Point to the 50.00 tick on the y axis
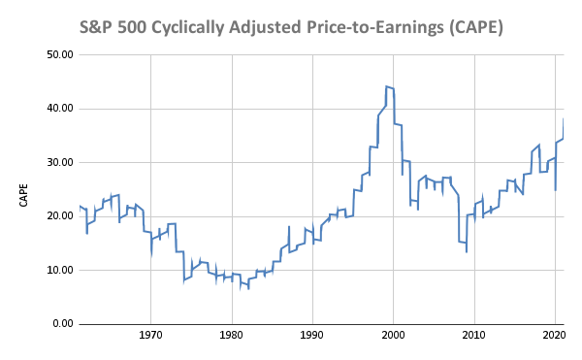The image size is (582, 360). point(60,55)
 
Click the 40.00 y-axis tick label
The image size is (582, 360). point(60,109)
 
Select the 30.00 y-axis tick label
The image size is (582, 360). point(60,163)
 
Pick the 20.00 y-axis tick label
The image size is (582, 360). point(60,216)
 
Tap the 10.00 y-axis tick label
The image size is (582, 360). point(60,270)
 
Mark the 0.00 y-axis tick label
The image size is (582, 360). point(63,324)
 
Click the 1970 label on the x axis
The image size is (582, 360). point(150,336)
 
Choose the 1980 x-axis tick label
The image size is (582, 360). point(232,336)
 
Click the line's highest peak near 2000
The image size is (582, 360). point(386,86)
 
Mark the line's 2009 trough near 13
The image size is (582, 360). point(467,252)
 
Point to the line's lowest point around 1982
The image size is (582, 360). point(248,289)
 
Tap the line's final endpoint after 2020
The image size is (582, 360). point(564,119)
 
